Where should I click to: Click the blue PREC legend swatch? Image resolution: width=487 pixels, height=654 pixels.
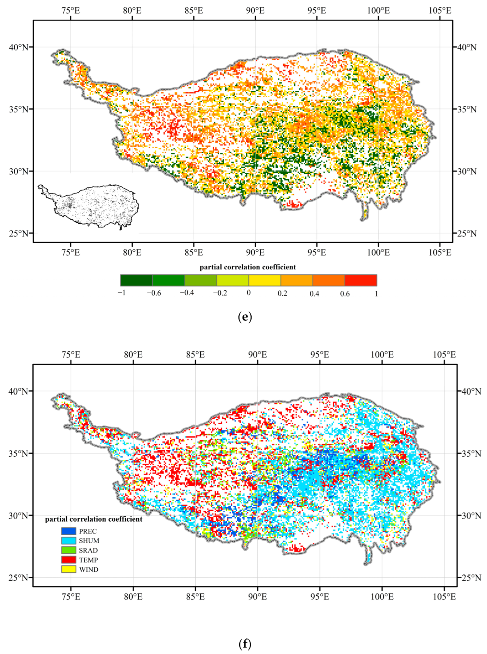coord(69,531)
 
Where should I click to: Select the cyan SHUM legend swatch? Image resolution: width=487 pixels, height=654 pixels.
coord(69,540)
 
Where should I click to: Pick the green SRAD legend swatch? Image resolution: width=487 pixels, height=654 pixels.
coord(69,550)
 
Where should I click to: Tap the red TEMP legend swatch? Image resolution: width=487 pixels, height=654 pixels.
coord(69,559)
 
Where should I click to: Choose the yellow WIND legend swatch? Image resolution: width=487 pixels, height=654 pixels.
coord(69,569)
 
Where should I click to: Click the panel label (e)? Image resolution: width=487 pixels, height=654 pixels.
coord(245,317)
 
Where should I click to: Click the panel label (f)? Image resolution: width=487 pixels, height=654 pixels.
coord(245,644)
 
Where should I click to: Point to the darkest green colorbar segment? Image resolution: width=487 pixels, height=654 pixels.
coord(137,280)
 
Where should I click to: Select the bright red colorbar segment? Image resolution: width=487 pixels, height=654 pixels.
coord(360,280)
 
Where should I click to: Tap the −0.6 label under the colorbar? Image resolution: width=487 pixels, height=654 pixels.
coord(154,293)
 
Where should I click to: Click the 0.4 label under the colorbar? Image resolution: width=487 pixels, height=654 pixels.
coord(314,294)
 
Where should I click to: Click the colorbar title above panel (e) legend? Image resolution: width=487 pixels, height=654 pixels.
coord(248,267)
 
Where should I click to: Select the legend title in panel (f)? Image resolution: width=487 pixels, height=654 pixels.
coord(94,519)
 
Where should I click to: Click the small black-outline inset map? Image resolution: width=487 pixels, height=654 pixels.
coord(88,207)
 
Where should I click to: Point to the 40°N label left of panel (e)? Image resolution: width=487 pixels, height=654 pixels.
coord(19,47)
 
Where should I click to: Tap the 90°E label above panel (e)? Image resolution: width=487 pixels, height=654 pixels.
coord(255,11)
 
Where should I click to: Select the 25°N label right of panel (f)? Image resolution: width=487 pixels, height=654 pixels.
coord(471,578)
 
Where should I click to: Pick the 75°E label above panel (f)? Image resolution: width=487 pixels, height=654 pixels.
coord(71,354)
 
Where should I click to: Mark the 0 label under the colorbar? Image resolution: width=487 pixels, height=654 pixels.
coord(249,293)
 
